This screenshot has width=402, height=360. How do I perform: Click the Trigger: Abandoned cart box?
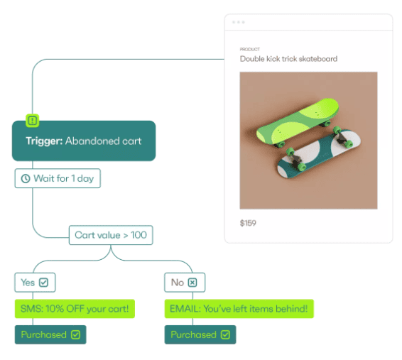click(x=84, y=141)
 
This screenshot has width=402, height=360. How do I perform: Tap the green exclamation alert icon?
click(x=32, y=121)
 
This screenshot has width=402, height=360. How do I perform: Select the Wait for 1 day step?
click(x=58, y=178)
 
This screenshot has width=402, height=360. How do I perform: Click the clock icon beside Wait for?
click(x=26, y=179)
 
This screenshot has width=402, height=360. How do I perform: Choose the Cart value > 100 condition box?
click(x=111, y=235)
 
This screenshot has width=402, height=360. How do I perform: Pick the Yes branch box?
click(x=35, y=283)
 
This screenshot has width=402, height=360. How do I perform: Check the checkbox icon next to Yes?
click(x=43, y=283)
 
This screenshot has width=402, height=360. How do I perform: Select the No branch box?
click(x=185, y=283)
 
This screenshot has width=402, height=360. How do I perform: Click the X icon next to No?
click(x=192, y=283)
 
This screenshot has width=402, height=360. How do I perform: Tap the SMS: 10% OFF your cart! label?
click(x=75, y=309)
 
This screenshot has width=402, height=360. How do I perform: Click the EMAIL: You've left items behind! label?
click(x=239, y=309)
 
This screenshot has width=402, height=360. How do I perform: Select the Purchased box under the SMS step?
click(x=50, y=334)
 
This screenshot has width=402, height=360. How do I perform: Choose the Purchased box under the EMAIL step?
click(x=200, y=334)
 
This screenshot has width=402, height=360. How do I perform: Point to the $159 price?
click(x=248, y=223)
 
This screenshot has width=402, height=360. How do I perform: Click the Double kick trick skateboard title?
click(x=288, y=59)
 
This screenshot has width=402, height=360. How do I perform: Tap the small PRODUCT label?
click(x=250, y=49)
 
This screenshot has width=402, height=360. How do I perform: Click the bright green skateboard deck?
click(x=298, y=121)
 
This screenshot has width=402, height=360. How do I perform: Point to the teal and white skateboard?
click(x=319, y=154)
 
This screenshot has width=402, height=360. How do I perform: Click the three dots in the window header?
click(x=239, y=22)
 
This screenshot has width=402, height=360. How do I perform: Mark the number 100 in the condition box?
click(x=138, y=235)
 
